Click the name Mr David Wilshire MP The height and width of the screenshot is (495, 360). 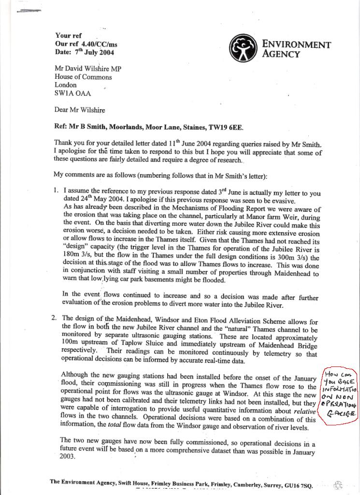coord(87,69)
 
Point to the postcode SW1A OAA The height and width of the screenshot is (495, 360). coord(72,93)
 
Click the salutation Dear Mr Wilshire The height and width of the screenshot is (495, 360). coord(80,110)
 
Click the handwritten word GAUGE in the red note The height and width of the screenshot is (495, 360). coord(340,414)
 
